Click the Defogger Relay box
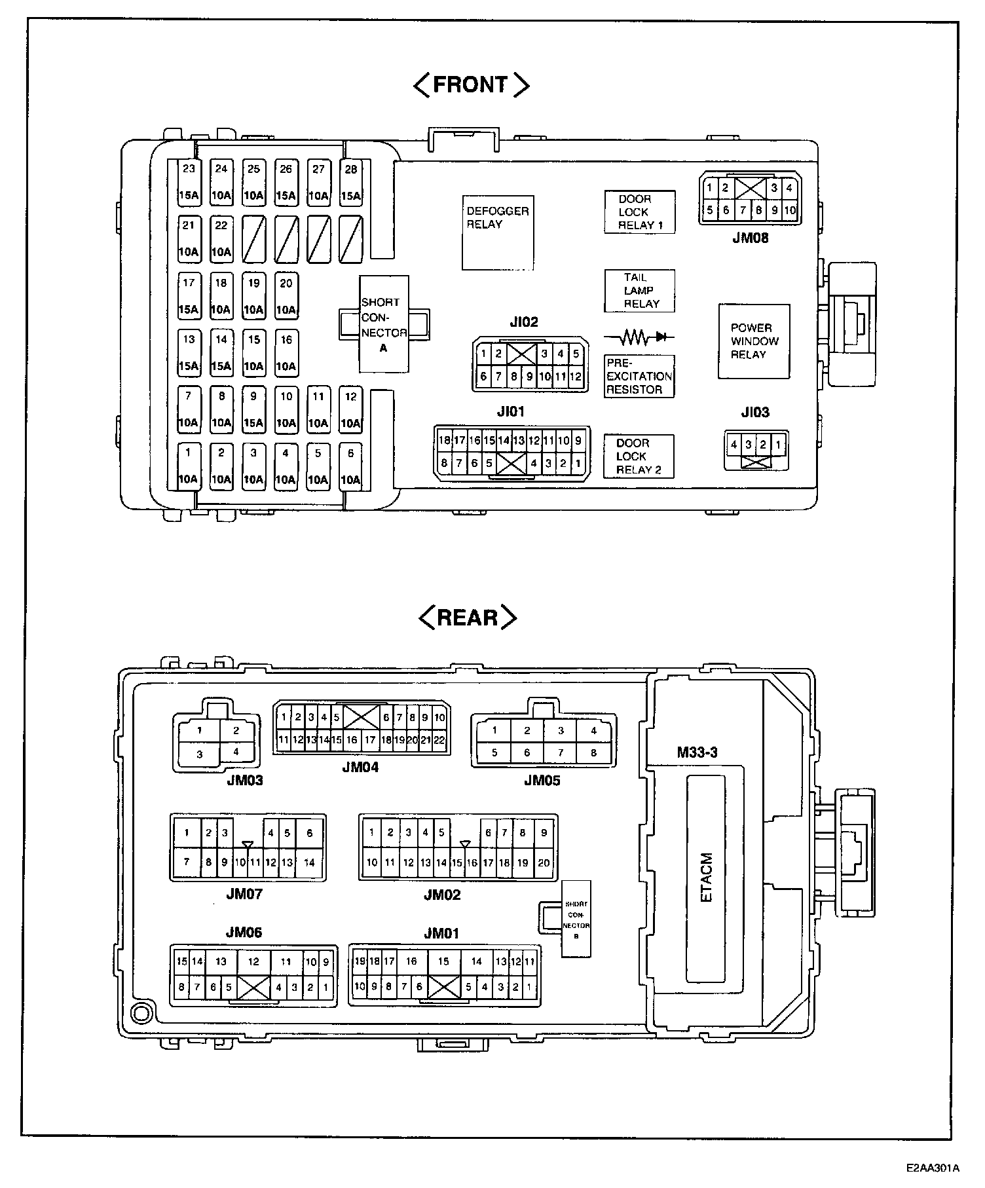(498, 232)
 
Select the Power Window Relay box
(754, 341)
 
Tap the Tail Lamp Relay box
(639, 291)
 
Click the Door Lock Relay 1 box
(639, 212)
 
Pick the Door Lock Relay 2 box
(639, 456)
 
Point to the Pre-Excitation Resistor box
(639, 377)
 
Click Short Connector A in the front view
(384, 324)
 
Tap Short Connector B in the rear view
(576, 919)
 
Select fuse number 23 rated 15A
(189, 183)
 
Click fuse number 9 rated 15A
(253, 410)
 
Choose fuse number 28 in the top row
(351, 183)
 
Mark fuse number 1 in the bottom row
(188, 466)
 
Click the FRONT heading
(471, 84)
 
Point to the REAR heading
(468, 618)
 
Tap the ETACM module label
(706, 878)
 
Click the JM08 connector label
(750, 238)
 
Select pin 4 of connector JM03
(236, 752)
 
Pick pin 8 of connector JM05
(593, 752)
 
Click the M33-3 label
(697, 752)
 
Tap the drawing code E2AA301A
(933, 1167)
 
